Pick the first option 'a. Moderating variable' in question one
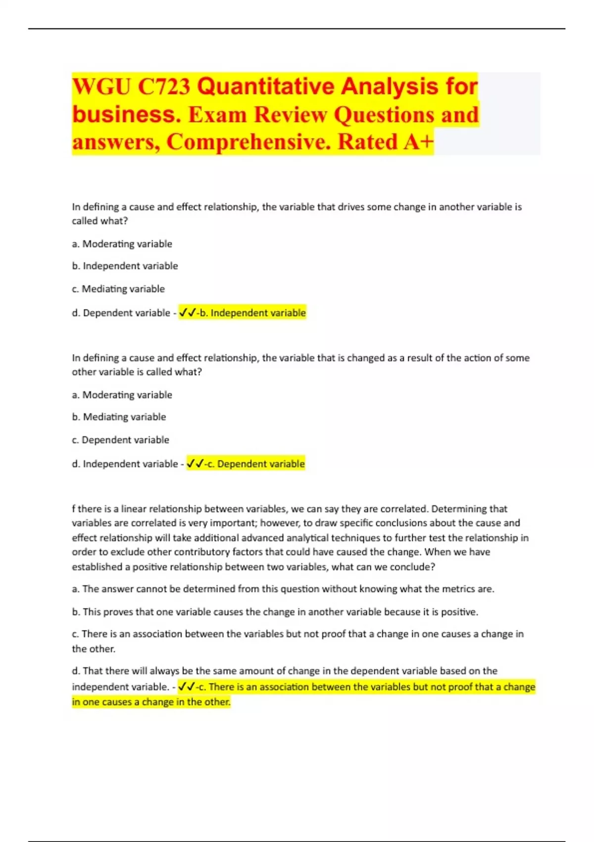coord(122,244)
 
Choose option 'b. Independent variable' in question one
coord(125,266)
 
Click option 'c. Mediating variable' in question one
coord(118,289)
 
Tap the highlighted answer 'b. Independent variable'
coord(252,313)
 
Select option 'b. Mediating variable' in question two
coord(119,417)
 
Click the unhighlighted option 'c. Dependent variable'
coord(120,440)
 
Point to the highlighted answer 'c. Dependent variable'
coord(255,464)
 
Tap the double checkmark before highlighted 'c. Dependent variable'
coord(196,464)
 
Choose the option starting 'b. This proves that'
coord(275,612)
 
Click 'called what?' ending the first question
coord(100,221)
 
